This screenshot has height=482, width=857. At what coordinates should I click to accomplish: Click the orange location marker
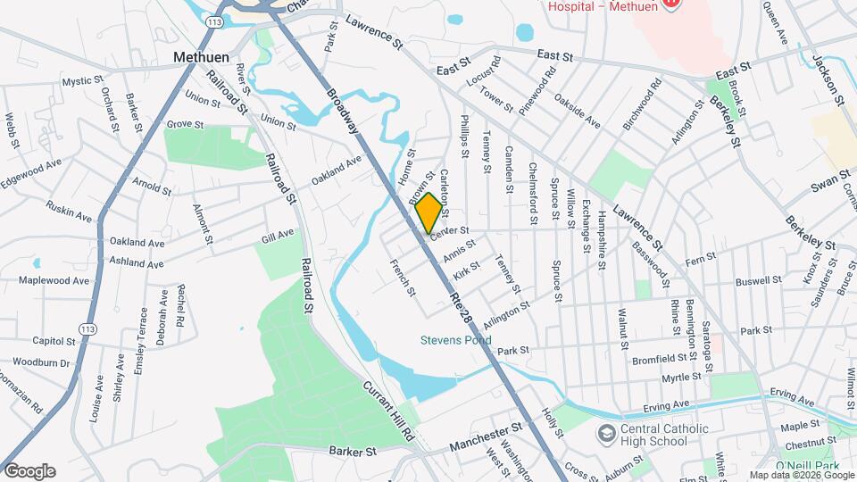pos(429,212)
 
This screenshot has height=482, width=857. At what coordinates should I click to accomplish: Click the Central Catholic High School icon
pos(607,434)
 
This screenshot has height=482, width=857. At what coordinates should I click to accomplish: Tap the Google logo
pos(29,471)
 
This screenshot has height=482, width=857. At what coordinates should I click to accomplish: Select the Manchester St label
pos(485,440)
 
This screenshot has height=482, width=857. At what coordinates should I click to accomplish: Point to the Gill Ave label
pos(278,235)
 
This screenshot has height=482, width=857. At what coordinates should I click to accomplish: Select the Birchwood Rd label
pos(642,108)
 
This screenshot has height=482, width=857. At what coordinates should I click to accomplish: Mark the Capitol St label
pos(54,341)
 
